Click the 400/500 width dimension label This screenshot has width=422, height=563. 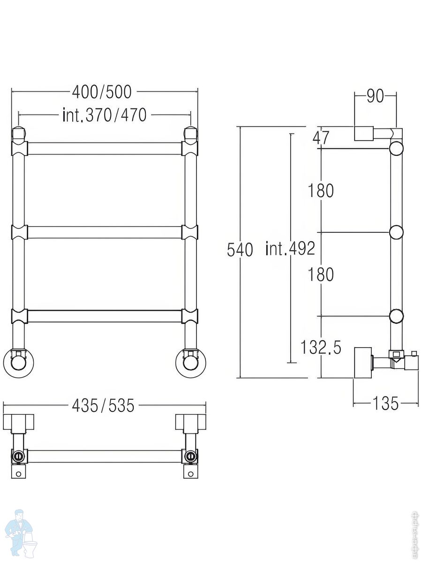point(102,92)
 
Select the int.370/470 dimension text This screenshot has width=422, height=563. point(105,115)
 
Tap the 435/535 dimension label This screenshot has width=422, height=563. point(103,405)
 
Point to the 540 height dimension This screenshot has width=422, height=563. point(240,250)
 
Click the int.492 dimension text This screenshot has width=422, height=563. point(290,248)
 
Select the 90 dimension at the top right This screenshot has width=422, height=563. point(375,96)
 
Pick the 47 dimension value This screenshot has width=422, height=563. point(320,138)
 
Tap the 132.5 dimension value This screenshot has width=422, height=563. point(321,347)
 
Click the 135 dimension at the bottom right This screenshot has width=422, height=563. point(385,403)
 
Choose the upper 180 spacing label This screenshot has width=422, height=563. point(321,190)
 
